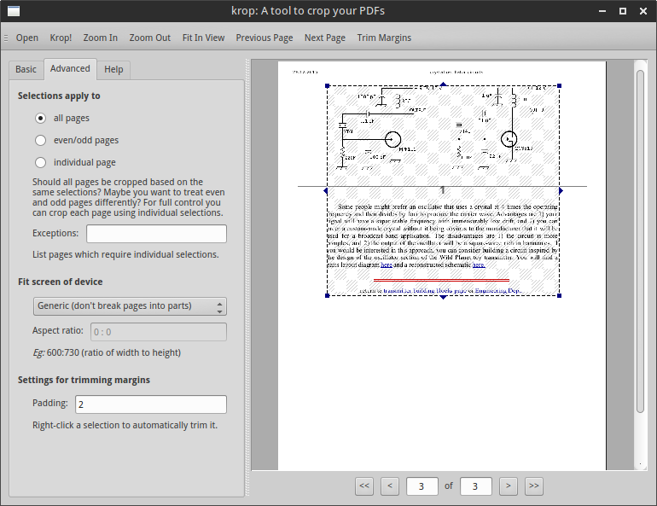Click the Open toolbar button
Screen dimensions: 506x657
coord(27,38)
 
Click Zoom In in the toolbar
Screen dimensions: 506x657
coord(101,38)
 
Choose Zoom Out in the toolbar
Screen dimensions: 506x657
coord(150,38)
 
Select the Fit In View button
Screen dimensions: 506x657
coord(203,38)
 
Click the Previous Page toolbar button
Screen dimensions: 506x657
coord(265,38)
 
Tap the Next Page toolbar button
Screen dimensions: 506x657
coord(325,38)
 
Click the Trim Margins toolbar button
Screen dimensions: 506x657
coord(384,38)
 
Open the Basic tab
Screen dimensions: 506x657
coord(26,69)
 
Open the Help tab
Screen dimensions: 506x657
coord(113,69)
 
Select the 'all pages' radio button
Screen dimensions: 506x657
coord(40,118)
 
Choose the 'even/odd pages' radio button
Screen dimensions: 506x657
coord(40,140)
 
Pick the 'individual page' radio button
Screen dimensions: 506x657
coord(40,162)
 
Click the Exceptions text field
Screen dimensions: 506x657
coord(156,234)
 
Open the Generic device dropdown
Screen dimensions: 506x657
coord(129,306)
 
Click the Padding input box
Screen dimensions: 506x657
coord(150,404)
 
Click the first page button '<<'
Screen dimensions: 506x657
coord(364,486)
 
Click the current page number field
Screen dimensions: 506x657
coord(422,486)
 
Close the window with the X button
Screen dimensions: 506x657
coord(642,11)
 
